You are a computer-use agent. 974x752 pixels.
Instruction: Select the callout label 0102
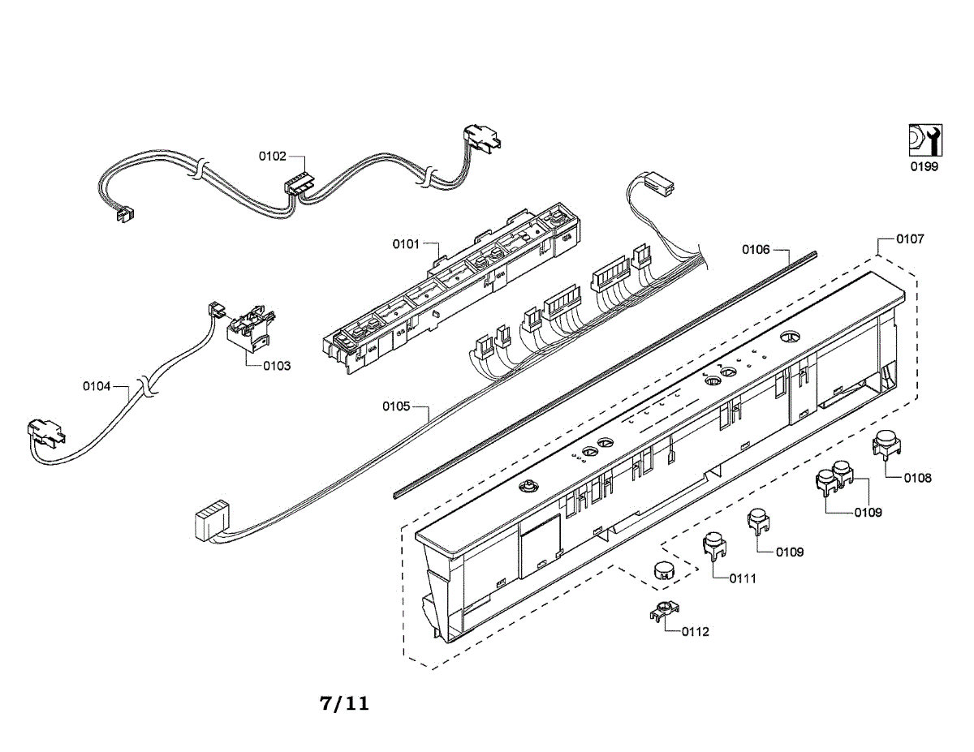tap(272, 157)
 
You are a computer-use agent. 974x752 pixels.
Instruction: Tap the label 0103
tap(276, 366)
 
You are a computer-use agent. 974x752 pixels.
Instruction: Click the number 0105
tap(396, 406)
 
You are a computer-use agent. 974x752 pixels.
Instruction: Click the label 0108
tap(917, 478)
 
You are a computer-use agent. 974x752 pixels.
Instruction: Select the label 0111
tap(742, 578)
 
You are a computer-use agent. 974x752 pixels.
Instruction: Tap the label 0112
tap(695, 631)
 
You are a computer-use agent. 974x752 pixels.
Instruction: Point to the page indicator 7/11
tap(344, 703)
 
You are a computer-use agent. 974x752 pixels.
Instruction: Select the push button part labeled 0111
tap(713, 545)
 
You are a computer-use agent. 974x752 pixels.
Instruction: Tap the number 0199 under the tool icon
tap(923, 167)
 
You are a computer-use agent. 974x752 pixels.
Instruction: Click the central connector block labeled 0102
tap(298, 186)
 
